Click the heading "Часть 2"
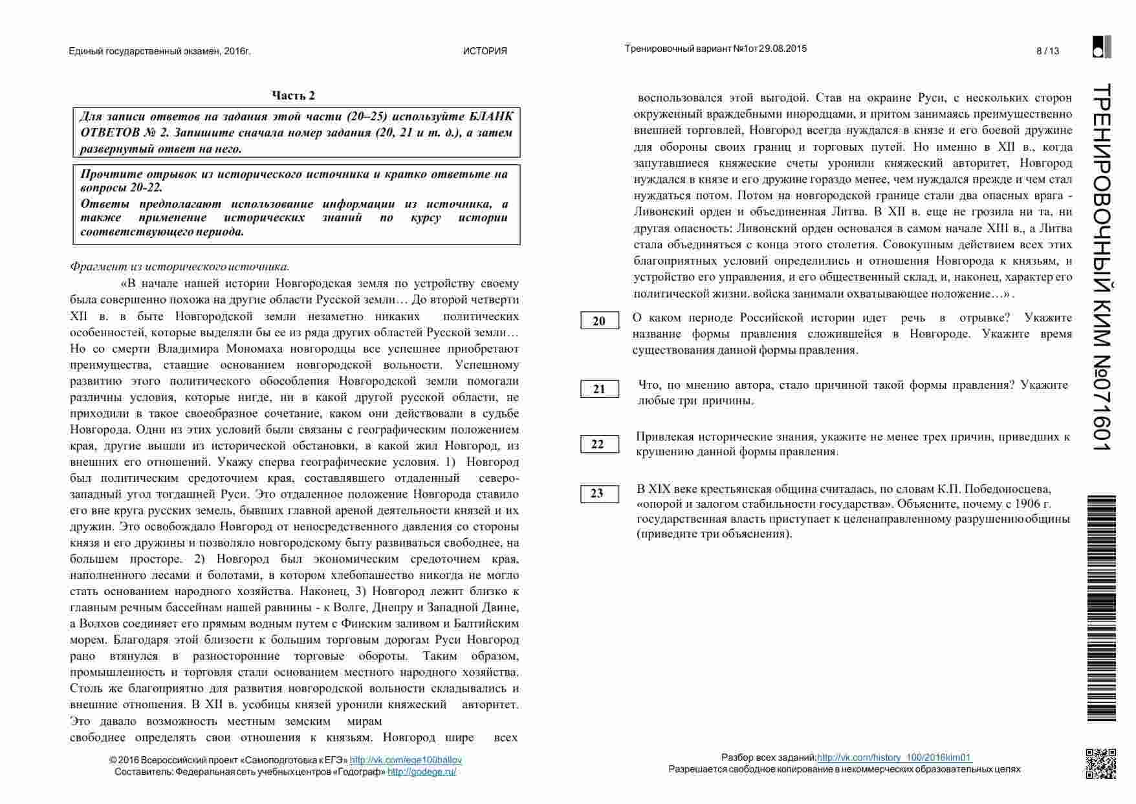[x=293, y=96]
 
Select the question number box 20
[x=599, y=321]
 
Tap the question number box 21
[x=599, y=389]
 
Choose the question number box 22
[x=599, y=444]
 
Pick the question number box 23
[x=599, y=494]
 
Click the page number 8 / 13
[x=1047, y=51]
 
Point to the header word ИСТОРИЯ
[x=485, y=51]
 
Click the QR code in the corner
[x=1100, y=763]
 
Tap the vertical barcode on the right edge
[x=1101, y=608]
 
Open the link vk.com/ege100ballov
[x=406, y=760]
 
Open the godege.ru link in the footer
[x=422, y=772]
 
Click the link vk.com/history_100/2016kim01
[x=894, y=757]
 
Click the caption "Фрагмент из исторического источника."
[x=180, y=266]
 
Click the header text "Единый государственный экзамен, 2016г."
[x=159, y=51]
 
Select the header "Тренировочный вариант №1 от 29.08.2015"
[x=715, y=49]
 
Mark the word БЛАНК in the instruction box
[x=490, y=117]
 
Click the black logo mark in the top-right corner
[x=1102, y=47]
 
